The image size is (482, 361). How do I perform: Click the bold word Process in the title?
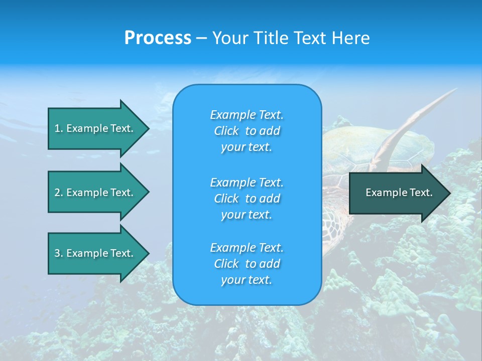point(158,38)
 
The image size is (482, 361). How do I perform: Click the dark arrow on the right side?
point(397,193)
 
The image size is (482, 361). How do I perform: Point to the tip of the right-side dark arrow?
point(449,193)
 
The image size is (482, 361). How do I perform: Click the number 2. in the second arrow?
point(59,193)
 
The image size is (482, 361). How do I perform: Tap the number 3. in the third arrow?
point(59,253)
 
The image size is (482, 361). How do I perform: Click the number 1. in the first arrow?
point(59,128)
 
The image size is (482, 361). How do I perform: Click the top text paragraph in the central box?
point(247,131)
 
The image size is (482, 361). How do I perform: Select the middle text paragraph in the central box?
point(247,199)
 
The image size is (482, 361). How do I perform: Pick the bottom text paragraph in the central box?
point(247,264)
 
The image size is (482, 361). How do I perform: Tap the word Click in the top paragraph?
point(226,131)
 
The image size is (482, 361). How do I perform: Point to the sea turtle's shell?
point(351,150)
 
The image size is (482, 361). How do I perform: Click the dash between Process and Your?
point(202,38)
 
